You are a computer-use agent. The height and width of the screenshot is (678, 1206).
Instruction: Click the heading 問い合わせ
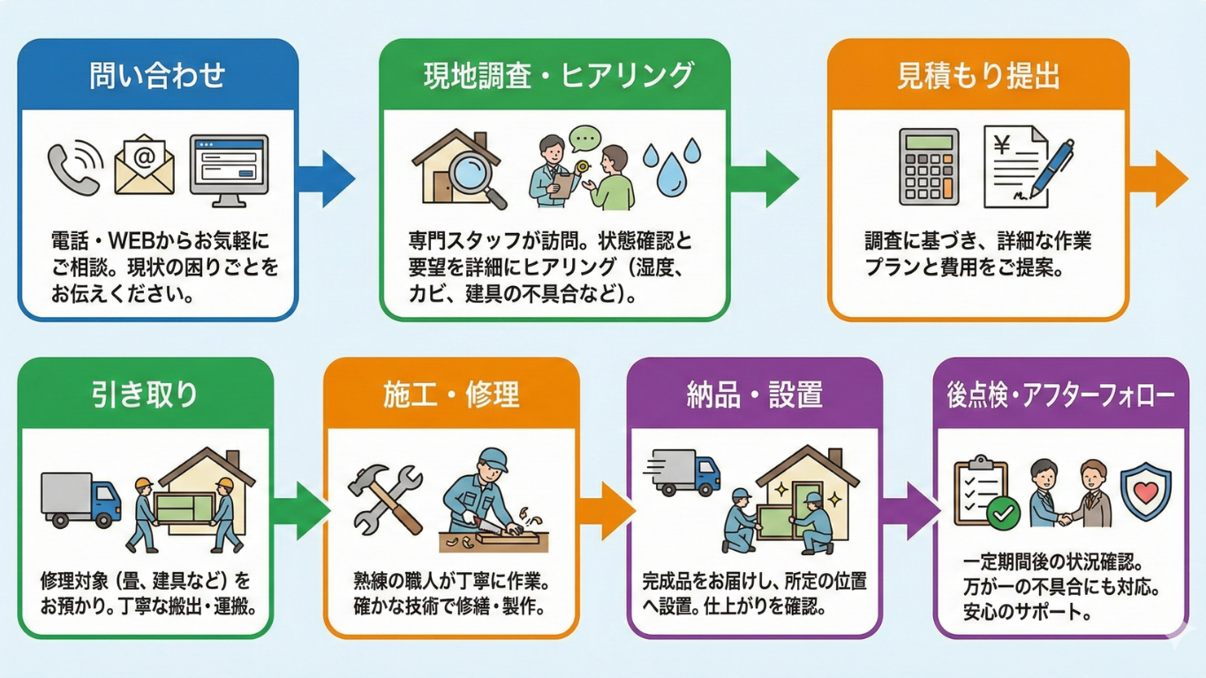click(157, 75)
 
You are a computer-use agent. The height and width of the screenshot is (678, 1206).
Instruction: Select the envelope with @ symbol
click(144, 164)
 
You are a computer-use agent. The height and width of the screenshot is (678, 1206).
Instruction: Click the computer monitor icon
click(229, 169)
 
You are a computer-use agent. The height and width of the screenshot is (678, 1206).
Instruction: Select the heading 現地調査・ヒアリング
click(556, 75)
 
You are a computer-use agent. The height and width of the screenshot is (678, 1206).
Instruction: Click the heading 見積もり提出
click(977, 77)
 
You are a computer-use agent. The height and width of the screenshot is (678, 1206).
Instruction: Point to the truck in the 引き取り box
click(80, 500)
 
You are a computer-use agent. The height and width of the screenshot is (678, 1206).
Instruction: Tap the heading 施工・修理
click(451, 395)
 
